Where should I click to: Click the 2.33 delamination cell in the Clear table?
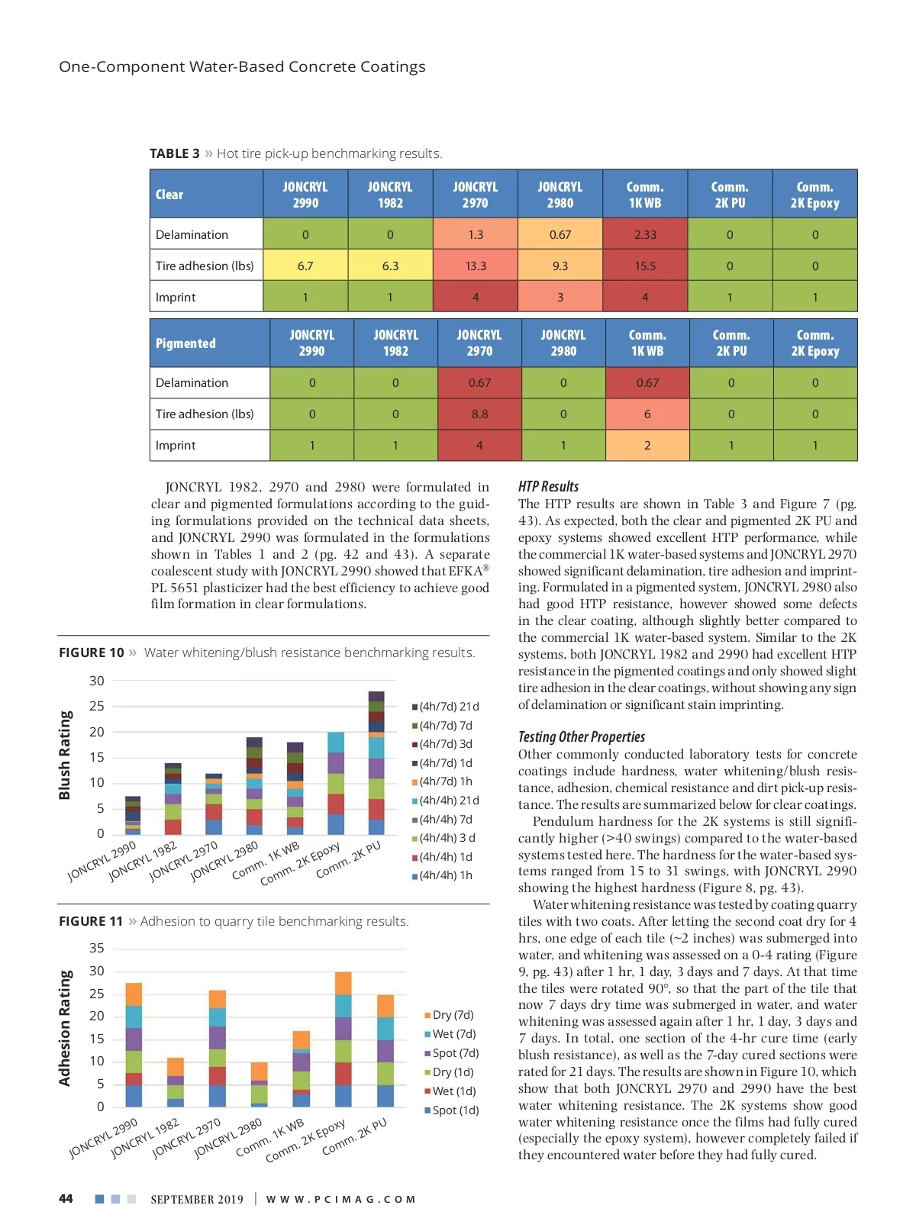pos(645,234)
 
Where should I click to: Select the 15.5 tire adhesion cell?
pos(645,266)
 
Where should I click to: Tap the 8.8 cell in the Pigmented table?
pos(479,414)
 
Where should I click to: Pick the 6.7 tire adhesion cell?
pos(305,266)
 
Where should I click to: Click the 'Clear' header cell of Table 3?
pos(169,195)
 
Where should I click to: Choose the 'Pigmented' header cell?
pos(185,343)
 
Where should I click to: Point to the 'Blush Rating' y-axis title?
pos(65,755)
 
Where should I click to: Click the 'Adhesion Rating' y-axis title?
pos(65,1028)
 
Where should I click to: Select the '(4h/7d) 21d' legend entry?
pos(449,707)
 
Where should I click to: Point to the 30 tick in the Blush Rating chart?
pos(96,681)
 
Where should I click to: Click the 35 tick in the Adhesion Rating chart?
pos(96,948)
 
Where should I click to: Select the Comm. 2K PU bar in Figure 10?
pos(376,763)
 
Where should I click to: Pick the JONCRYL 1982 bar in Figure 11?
pos(176,1082)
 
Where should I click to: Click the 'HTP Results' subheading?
pos(548,487)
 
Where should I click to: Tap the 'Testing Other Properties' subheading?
pos(582,736)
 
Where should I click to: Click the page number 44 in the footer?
pos(66,1199)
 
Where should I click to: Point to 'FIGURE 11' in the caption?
pos(91,921)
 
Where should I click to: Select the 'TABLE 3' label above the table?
pos(174,153)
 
